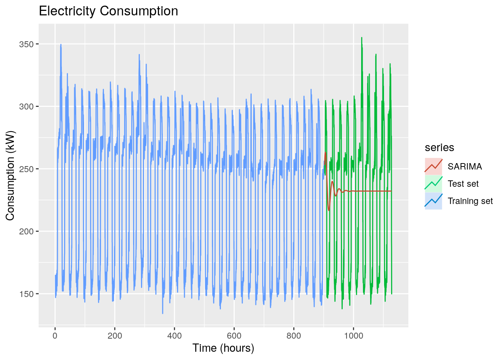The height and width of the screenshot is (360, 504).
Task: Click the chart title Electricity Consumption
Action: click(108, 11)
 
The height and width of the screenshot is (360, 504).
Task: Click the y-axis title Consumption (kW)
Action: click(10, 175)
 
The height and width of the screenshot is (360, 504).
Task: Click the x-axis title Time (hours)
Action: click(223, 348)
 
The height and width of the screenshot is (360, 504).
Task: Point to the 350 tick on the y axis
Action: click(29, 44)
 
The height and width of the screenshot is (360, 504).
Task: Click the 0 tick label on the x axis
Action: click(55, 336)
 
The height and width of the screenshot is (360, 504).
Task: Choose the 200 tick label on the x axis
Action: click(115, 336)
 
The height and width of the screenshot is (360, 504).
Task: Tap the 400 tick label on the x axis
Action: click(174, 336)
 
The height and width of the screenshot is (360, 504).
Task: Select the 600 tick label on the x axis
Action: click(234, 336)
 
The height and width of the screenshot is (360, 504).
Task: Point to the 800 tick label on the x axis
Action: click(294, 336)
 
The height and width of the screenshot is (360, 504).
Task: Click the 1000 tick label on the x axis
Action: click(353, 336)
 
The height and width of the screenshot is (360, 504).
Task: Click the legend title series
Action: click(439, 148)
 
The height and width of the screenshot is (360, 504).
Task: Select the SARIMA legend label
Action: click(465, 166)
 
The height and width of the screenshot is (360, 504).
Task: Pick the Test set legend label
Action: click(463, 184)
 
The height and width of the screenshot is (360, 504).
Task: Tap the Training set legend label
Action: click(470, 201)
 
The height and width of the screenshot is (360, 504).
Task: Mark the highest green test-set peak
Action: click(361, 37)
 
